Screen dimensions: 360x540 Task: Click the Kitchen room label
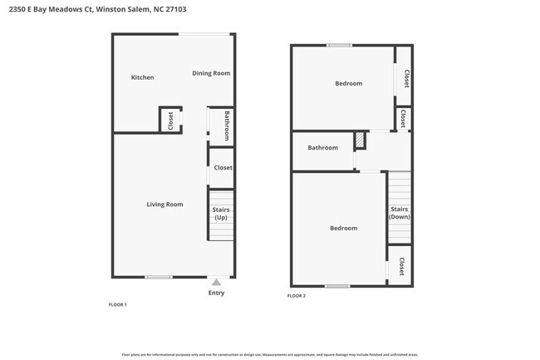[x=142, y=77]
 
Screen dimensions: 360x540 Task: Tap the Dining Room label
[x=211, y=73]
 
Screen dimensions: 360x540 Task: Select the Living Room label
[x=164, y=204]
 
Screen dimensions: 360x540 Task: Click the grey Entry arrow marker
[x=216, y=283]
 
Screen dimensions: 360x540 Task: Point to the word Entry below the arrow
[x=216, y=293]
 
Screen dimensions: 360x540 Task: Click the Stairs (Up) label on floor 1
[x=221, y=214]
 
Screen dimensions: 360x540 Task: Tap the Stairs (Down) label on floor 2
[x=400, y=213]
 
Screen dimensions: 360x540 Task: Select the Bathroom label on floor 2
[x=322, y=148]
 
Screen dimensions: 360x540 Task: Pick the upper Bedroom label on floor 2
[x=348, y=83]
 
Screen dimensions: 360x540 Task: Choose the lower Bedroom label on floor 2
[x=343, y=228]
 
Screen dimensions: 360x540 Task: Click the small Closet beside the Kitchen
[x=170, y=121]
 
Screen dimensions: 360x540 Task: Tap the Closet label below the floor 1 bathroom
[x=223, y=168]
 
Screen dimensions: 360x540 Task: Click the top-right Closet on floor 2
[x=406, y=79]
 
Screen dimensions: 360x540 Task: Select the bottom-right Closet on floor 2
[x=401, y=266]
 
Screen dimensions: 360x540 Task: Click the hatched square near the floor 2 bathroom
[x=360, y=141]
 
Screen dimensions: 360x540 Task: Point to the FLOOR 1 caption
[x=117, y=305]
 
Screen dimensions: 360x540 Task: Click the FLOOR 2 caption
[x=297, y=296]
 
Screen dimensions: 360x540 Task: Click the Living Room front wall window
[x=159, y=277]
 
